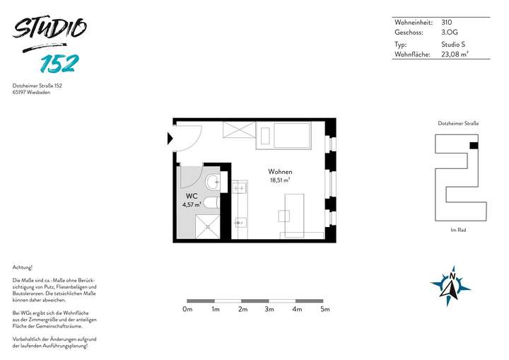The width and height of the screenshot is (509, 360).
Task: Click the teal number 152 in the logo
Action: [x=59, y=63]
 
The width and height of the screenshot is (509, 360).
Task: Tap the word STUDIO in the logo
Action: [x=49, y=30]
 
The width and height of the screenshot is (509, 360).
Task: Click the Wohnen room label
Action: [x=280, y=172]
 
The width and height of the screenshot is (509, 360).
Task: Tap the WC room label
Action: [x=191, y=196]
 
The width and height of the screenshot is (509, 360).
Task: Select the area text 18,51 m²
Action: [x=281, y=180]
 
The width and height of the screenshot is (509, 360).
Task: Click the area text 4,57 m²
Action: [x=192, y=205]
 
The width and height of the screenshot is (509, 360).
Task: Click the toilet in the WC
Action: [x=212, y=182]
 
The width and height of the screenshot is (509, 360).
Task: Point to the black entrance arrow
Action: [x=170, y=138]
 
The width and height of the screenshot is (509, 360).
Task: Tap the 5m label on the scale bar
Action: [x=325, y=309]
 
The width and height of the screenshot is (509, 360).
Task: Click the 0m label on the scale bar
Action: [x=187, y=309]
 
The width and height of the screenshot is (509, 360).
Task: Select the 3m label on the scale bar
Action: [x=269, y=309]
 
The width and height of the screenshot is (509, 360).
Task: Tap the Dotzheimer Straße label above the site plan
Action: [x=458, y=123]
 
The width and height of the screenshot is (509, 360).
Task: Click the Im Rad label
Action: [x=458, y=230]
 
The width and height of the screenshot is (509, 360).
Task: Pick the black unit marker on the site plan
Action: [x=474, y=145]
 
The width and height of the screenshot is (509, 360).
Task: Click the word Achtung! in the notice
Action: [x=23, y=267]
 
